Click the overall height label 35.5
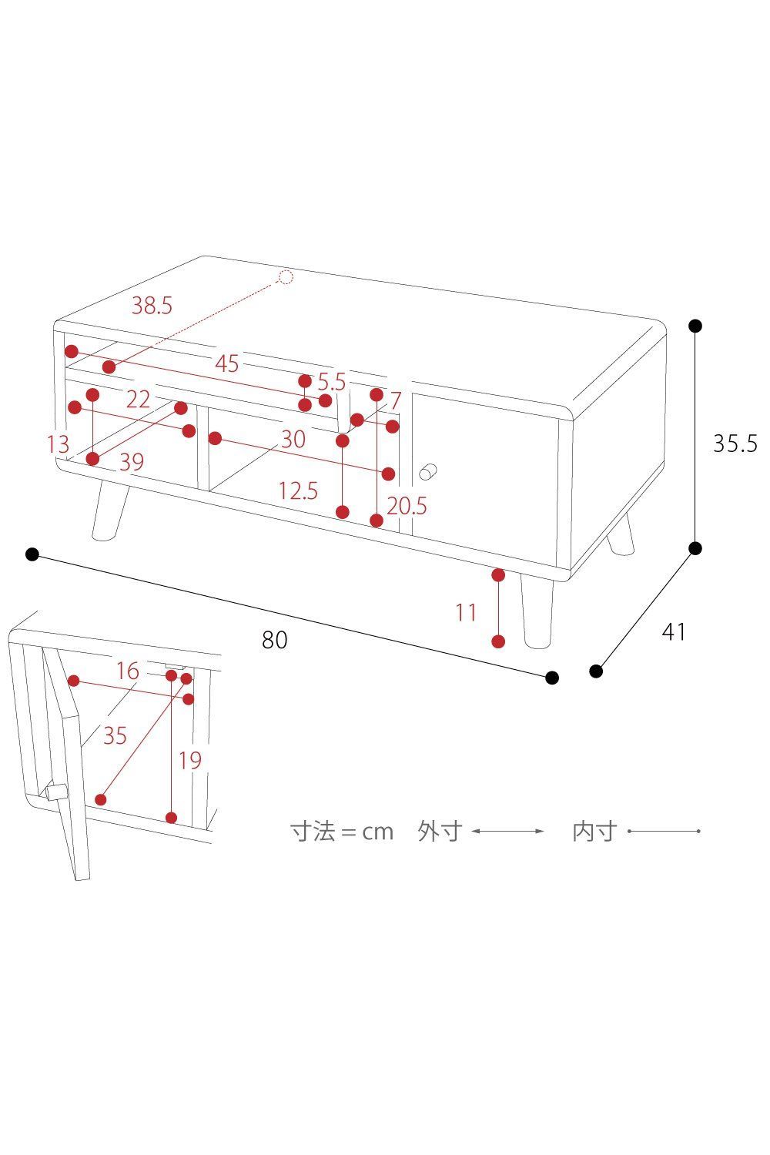(x=735, y=444)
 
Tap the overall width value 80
(x=274, y=640)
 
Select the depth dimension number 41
(x=674, y=631)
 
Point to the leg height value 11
(x=465, y=613)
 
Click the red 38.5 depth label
(x=152, y=305)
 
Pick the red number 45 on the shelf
(x=227, y=363)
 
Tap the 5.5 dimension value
(x=332, y=382)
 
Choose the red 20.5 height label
(x=407, y=506)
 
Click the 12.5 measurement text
(x=298, y=490)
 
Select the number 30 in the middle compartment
(x=293, y=440)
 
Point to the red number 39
(x=132, y=462)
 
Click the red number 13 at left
(x=58, y=444)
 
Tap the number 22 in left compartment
(x=139, y=399)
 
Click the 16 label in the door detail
(x=127, y=671)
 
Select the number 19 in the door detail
(x=189, y=761)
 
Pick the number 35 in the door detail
(x=115, y=736)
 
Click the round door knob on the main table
(x=428, y=471)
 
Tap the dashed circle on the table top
(x=285, y=277)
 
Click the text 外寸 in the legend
(x=440, y=831)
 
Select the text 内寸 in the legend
(x=594, y=831)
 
